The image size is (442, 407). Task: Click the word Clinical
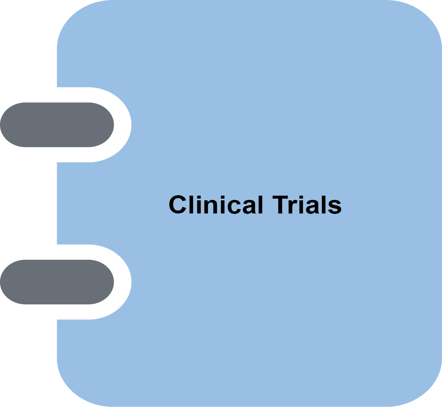(x=215, y=205)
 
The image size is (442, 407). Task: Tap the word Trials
(x=307, y=205)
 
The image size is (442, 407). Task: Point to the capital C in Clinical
(x=178, y=205)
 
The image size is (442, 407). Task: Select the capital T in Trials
(x=280, y=205)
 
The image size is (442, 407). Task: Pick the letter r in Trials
(x=293, y=207)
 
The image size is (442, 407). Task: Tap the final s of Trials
(x=335, y=207)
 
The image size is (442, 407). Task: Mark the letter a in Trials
(x=313, y=207)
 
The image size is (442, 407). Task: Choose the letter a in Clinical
(x=249, y=207)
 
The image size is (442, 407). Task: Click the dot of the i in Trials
(x=301, y=197)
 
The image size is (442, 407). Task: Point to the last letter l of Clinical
(x=260, y=205)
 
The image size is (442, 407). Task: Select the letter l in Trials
(x=324, y=205)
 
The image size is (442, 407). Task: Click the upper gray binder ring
(x=57, y=125)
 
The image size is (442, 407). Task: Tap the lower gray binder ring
(x=57, y=282)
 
